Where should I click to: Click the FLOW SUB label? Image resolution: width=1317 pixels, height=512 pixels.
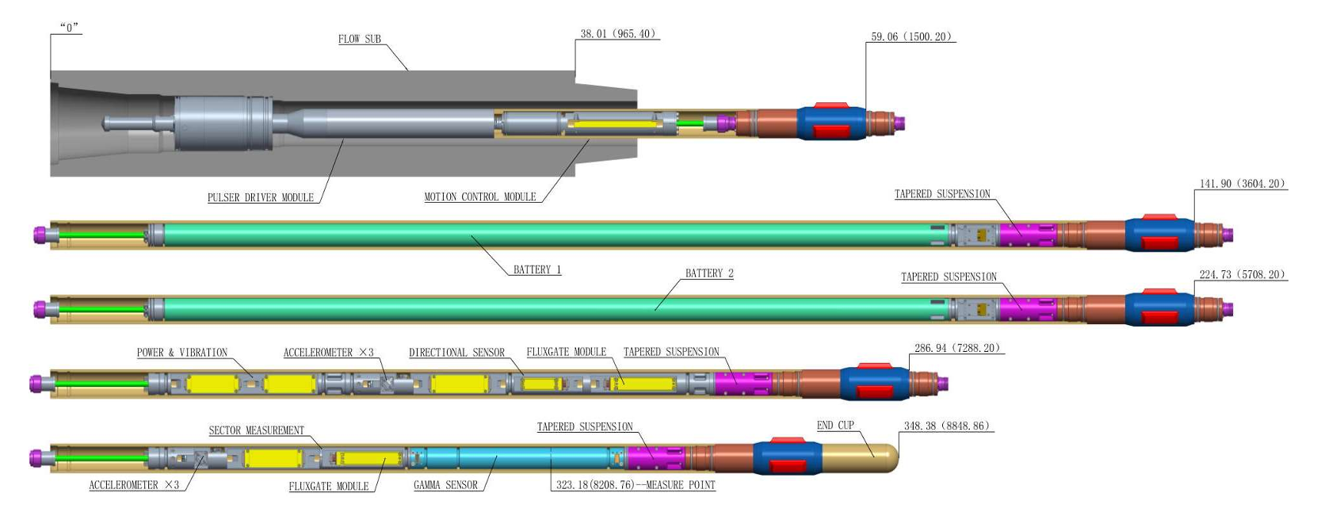(359, 39)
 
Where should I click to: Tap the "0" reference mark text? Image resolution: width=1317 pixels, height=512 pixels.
(69, 28)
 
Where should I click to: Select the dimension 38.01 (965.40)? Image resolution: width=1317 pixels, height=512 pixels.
(617, 34)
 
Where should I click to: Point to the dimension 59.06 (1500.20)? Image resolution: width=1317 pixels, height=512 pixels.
(910, 36)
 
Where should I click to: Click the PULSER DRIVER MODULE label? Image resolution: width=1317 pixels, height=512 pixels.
(260, 197)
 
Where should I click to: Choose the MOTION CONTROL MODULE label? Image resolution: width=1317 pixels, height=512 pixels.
(479, 197)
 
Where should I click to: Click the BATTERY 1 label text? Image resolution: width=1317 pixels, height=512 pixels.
(536, 269)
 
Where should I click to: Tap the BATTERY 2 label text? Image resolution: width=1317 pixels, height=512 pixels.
(708, 273)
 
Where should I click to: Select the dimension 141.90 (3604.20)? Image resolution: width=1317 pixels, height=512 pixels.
(1242, 184)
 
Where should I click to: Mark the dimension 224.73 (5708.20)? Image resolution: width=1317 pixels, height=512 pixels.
(1242, 275)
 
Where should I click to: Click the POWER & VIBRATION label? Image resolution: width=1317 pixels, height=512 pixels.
(181, 353)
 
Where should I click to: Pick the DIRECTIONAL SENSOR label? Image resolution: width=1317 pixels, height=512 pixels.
(456, 353)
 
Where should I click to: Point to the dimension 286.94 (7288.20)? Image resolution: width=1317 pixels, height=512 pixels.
(956, 348)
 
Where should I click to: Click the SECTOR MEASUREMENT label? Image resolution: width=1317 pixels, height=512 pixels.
(256, 430)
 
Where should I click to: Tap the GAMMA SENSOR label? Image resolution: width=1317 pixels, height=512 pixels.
(445, 485)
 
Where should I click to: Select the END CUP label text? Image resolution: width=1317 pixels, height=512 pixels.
(835, 426)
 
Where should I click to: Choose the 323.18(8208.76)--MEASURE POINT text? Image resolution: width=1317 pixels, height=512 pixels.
(635, 485)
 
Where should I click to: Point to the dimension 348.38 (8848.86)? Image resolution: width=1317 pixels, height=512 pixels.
(946, 426)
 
